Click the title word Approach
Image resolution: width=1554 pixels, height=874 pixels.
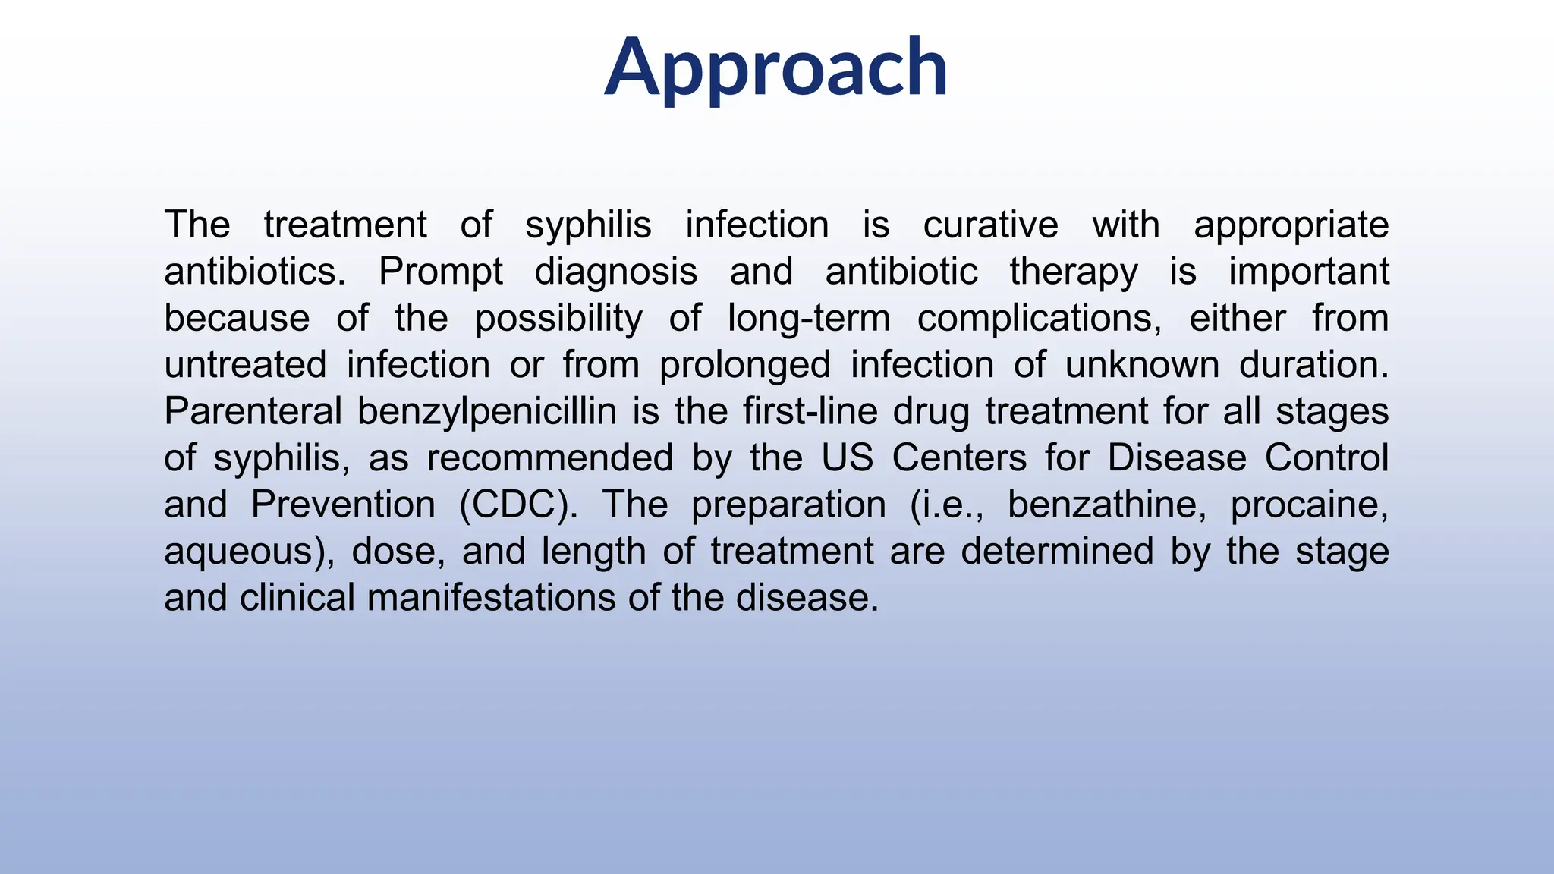tap(775, 68)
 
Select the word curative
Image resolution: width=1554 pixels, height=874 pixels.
tap(990, 225)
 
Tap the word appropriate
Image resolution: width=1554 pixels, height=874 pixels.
tap(1291, 225)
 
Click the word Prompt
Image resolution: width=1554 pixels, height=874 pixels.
tap(440, 272)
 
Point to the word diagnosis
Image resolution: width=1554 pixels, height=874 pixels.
tap(615, 272)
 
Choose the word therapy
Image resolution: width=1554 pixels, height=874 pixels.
tap(1073, 272)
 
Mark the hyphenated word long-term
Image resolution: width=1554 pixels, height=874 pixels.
tap(809, 319)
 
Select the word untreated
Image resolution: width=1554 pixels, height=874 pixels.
tap(245, 365)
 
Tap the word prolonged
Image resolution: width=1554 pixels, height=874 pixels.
tap(744, 365)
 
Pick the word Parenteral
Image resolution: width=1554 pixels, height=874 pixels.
tap(253, 412)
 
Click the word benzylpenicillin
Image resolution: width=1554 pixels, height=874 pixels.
tap(486, 412)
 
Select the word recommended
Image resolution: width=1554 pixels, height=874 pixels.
tap(549, 458)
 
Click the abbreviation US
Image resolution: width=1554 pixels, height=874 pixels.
tap(847, 458)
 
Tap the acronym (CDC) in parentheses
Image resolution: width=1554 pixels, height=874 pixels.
tap(518, 505)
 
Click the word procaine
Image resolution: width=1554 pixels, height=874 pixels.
tap(1309, 505)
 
